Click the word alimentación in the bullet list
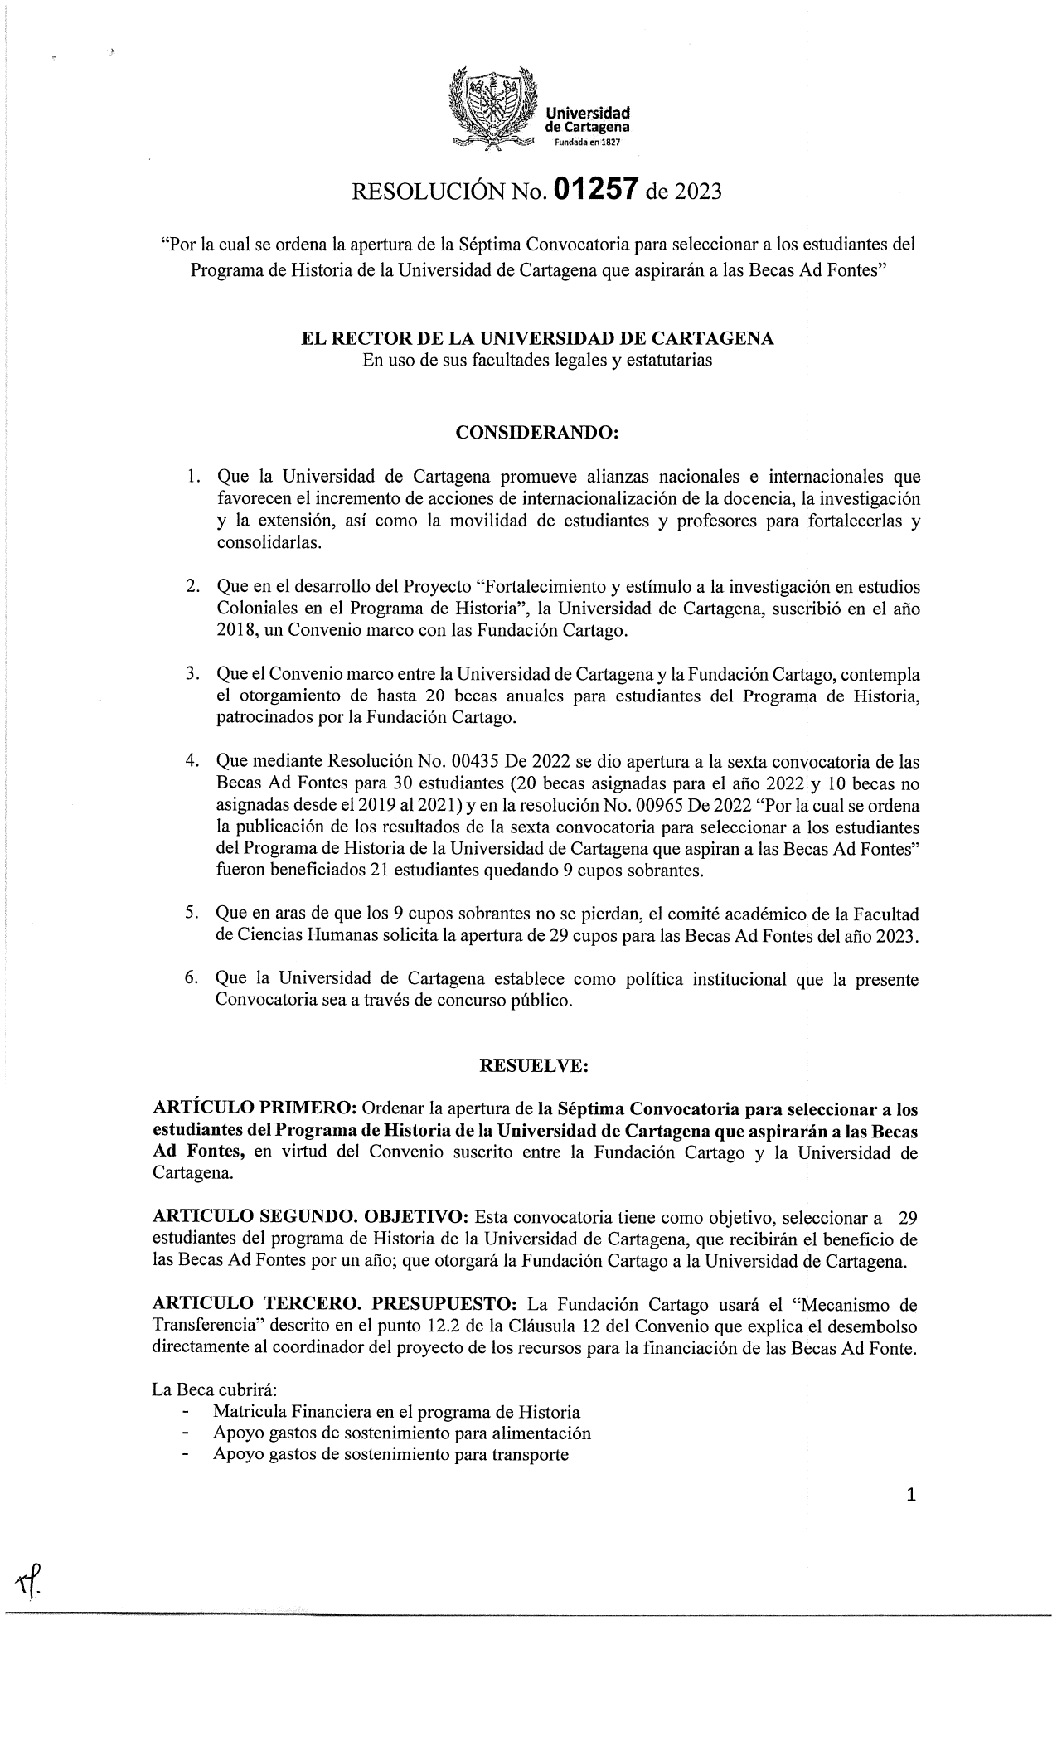click(540, 1433)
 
